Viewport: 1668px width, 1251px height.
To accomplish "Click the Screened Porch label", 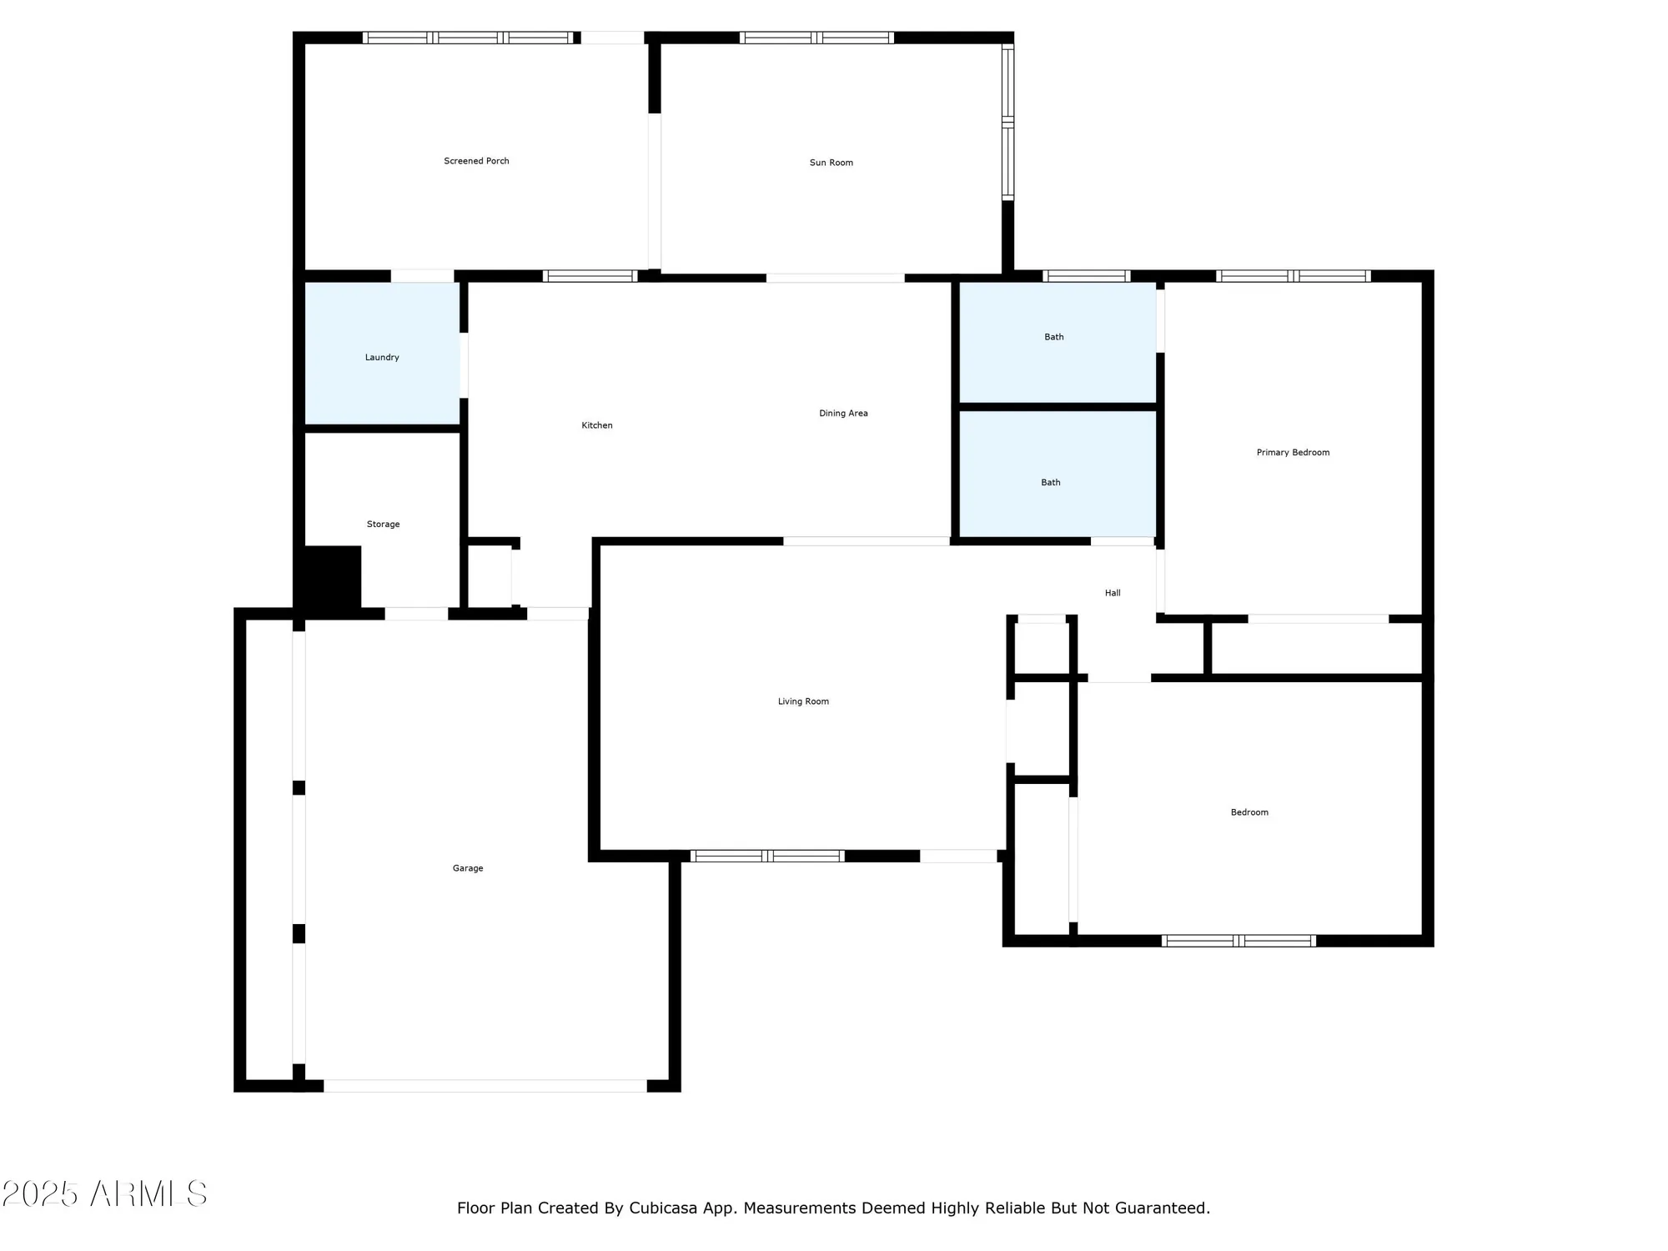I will point(476,161).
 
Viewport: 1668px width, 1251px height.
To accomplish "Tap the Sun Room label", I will point(831,163).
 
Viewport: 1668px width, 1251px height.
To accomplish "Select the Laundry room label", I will point(382,358).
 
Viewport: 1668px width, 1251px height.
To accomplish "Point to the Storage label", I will point(383,525).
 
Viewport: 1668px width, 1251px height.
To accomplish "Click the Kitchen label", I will point(597,425).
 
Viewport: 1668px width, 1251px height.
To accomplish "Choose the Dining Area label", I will point(843,414).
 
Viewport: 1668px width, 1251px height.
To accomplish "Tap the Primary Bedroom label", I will point(1293,453).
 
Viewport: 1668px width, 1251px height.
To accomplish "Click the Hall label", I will point(1113,593).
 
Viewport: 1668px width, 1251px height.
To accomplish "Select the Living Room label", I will point(803,701).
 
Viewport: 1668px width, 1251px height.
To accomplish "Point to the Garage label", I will point(468,868).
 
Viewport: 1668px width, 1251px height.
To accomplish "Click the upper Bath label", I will point(1054,337).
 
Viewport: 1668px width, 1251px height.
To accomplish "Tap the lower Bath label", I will point(1051,482).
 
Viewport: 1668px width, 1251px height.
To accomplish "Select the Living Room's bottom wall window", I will point(767,856).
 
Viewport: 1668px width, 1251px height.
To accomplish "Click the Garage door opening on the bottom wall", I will point(485,1086).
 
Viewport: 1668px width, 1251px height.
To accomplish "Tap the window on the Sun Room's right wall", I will point(1007,122).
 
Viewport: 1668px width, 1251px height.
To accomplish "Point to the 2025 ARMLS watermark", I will point(104,1194).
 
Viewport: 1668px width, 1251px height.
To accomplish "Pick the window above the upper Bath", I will point(1086,276).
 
